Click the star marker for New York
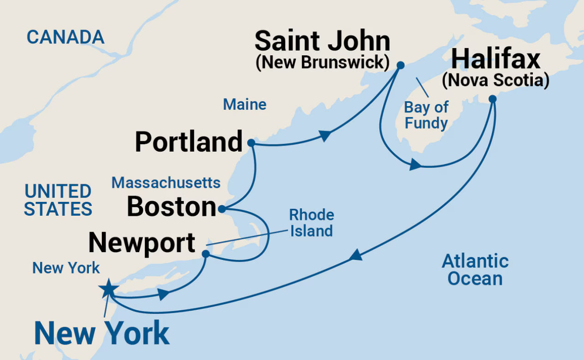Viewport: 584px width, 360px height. (x=108, y=289)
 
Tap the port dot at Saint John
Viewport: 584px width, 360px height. (x=400, y=65)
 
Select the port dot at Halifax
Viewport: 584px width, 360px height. (x=492, y=99)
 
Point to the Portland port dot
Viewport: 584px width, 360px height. (x=251, y=143)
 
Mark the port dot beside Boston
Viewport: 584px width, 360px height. (x=222, y=209)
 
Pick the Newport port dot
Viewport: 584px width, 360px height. (x=205, y=253)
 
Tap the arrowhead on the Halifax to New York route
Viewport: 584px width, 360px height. (x=355, y=255)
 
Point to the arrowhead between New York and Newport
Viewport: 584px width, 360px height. (x=163, y=294)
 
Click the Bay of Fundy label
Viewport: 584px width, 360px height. (x=426, y=115)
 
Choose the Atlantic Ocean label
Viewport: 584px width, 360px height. (x=475, y=270)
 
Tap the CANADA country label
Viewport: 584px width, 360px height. (x=65, y=37)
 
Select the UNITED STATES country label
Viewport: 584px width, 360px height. (x=58, y=200)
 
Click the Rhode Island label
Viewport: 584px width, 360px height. (x=311, y=223)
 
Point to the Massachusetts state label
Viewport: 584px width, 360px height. (x=166, y=183)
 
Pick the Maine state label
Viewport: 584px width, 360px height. (x=245, y=105)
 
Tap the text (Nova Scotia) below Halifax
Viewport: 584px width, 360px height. (x=496, y=80)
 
